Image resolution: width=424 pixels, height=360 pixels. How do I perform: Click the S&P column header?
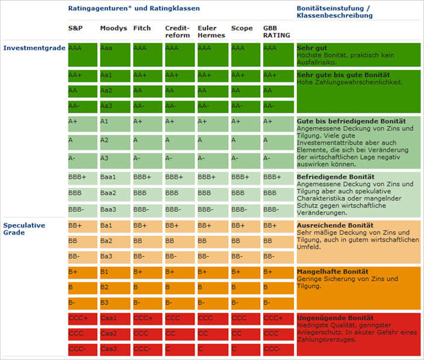pos(75,28)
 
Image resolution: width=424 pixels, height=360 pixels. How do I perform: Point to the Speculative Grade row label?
pos(24,229)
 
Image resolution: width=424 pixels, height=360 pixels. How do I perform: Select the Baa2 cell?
pos(114,192)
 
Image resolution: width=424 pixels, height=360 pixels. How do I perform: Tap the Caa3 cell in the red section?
pos(114,349)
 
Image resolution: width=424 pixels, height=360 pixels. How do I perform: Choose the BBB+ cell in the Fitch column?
pos(147,177)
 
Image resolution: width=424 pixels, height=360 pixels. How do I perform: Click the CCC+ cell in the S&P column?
pos(82,319)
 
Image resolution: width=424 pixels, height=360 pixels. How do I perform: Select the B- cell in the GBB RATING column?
pos(278,303)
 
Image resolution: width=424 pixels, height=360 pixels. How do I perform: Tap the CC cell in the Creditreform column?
pos(180,334)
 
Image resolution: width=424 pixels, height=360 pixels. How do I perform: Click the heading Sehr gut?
pos(312,48)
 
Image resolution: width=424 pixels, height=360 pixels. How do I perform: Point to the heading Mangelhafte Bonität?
pos(332,271)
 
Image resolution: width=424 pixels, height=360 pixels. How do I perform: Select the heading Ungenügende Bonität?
pos(335,318)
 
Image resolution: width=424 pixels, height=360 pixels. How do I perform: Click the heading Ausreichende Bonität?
pos(334,225)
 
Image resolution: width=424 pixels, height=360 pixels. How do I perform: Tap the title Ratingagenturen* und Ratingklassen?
pos(134,9)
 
